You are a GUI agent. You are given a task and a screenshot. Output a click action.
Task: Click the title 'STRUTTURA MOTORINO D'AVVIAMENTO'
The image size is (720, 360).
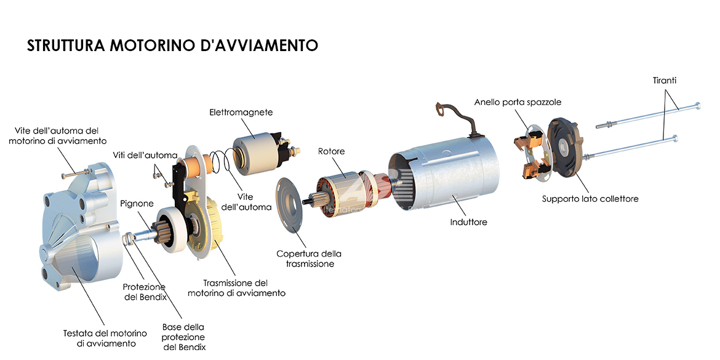coord(172,46)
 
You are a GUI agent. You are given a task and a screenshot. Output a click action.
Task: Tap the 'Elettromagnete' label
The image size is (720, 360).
coord(241,112)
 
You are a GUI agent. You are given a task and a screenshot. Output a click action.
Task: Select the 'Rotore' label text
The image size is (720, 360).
coord(331,151)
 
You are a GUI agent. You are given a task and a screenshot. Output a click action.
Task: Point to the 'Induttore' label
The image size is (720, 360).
coord(468,222)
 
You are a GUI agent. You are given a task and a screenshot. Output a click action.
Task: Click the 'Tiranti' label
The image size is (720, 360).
coord(665,81)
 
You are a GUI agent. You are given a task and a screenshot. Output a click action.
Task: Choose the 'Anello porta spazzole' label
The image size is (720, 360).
coord(518,102)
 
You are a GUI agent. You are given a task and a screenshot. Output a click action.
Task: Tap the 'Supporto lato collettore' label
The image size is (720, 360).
coord(590,199)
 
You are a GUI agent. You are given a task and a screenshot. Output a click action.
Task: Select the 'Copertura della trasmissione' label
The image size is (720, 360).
coord(309,259)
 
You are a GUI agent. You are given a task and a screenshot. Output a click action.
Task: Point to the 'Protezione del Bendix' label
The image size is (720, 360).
coord(144,292)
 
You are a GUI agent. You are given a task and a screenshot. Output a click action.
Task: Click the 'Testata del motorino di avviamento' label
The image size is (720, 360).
coord(105,338)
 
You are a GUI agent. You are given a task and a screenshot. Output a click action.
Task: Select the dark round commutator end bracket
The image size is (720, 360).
coord(567,146)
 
